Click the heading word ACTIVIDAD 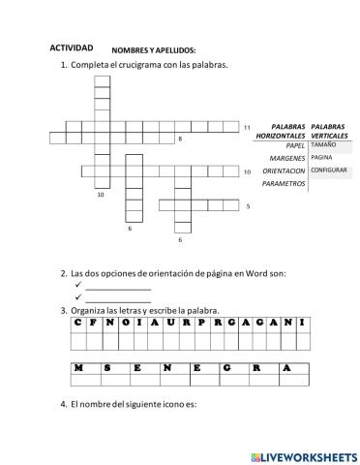pos(72,47)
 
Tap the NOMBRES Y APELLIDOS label pos(154,49)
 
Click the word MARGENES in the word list pos(288,158)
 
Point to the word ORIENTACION pos(284,170)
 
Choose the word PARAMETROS pos(284,183)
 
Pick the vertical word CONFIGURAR pos(329,170)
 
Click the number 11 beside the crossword pos(247,127)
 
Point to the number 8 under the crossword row pos(180,140)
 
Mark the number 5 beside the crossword pos(248,206)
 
